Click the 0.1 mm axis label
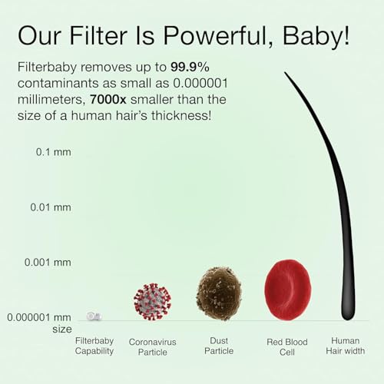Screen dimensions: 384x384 click(54, 152)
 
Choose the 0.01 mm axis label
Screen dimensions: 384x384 click(51, 207)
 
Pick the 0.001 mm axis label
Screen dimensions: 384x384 click(48, 262)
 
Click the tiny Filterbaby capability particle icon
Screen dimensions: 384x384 click(94, 316)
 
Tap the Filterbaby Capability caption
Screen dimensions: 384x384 click(94, 346)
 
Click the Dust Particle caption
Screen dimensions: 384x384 click(218, 346)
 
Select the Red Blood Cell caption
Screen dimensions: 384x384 click(287, 346)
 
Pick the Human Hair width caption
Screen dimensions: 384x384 click(345, 346)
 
